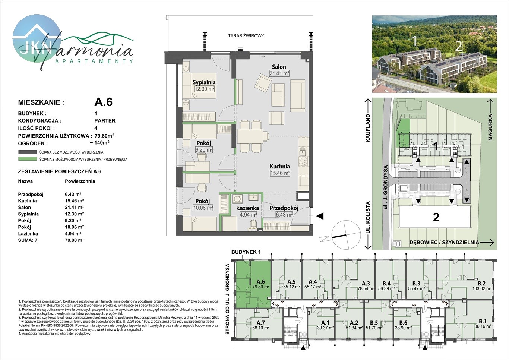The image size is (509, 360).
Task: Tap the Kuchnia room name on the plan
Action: coord(280,166)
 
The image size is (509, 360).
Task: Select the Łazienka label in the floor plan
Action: coord(248,208)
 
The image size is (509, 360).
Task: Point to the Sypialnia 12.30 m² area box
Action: coord(205,89)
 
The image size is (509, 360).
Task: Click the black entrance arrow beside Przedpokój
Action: coord(320,216)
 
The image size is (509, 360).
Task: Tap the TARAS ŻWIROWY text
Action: coord(246,36)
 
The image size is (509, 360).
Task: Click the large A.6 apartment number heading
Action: coord(103,102)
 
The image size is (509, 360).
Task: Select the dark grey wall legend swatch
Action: coord(28,152)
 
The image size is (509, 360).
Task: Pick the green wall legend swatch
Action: coord(28,159)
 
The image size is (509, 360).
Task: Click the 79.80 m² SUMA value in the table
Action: coord(74,240)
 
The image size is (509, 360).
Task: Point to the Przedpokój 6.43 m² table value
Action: coord(73,194)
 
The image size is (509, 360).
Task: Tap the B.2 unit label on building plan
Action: coord(481,284)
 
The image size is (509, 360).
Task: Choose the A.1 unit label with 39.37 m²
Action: coord(325,323)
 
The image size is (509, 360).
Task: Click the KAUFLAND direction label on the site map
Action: coord(368,128)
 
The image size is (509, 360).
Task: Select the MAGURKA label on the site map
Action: coord(490,127)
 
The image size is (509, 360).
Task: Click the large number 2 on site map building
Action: coord(436,217)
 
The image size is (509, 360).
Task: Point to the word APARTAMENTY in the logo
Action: coord(94,61)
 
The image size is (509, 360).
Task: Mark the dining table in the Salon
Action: coord(250,136)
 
